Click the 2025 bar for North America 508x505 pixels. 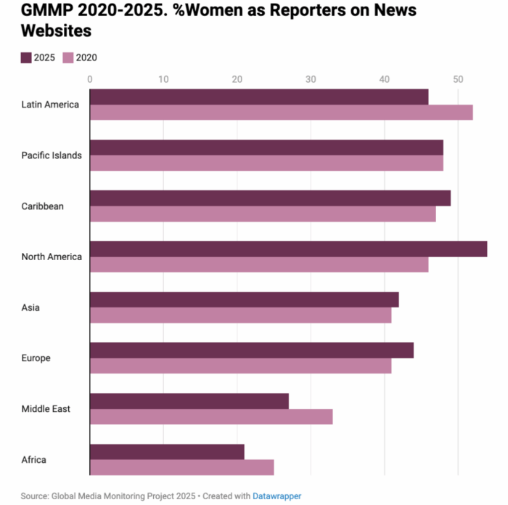click(288, 249)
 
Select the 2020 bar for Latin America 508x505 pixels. click(281, 113)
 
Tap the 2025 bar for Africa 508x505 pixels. click(167, 452)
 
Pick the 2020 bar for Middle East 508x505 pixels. click(210, 416)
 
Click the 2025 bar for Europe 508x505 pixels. click(251, 350)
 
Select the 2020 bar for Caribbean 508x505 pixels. click(263, 214)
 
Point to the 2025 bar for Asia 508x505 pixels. click(244, 299)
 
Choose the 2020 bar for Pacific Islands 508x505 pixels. click(266, 163)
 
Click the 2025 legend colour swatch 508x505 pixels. click(26, 58)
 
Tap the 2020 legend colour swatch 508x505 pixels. click(68, 58)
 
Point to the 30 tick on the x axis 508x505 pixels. click(311, 79)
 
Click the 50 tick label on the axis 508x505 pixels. click(457, 79)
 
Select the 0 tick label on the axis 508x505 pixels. click(90, 79)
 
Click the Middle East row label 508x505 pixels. click(46, 409)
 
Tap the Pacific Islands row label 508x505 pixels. click(52, 155)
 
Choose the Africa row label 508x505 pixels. click(34, 460)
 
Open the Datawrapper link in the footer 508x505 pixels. click(276, 496)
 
